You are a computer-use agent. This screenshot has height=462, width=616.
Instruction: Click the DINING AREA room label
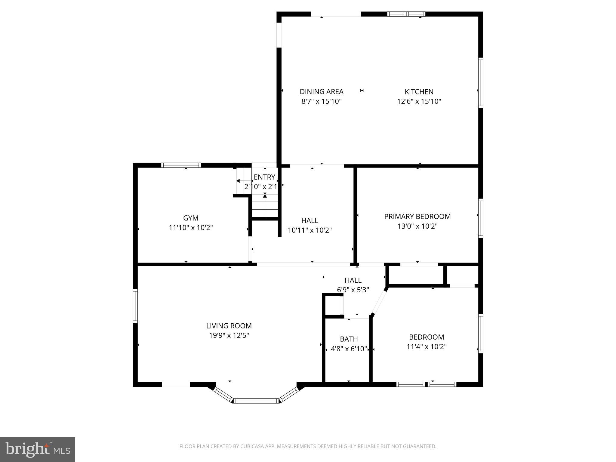322,91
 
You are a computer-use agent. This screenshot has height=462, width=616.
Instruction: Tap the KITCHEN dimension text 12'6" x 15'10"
419,101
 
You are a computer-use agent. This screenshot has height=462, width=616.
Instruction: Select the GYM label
191,218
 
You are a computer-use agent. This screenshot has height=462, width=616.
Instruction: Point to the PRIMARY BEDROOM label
417,216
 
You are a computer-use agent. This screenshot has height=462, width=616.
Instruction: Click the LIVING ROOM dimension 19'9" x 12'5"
229,335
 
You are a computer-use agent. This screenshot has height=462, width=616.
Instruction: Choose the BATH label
349,339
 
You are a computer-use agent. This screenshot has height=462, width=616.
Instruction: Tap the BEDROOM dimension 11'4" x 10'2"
426,346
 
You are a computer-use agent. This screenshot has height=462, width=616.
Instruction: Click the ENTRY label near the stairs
264,177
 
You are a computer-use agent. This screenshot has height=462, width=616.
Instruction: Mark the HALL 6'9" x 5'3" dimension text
353,290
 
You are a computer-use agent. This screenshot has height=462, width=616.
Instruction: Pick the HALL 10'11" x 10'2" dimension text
310,230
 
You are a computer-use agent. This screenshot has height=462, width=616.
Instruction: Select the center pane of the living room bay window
257,401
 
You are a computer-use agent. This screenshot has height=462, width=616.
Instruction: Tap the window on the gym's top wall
181,165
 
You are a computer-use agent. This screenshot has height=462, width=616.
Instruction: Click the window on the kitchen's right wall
480,83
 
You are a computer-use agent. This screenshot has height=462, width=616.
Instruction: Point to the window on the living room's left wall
135,306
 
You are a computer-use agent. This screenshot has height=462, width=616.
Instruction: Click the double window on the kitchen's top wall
406,14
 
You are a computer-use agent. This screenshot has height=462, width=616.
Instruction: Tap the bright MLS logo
37,449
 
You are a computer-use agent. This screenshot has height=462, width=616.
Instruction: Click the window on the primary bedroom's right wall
480,218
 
